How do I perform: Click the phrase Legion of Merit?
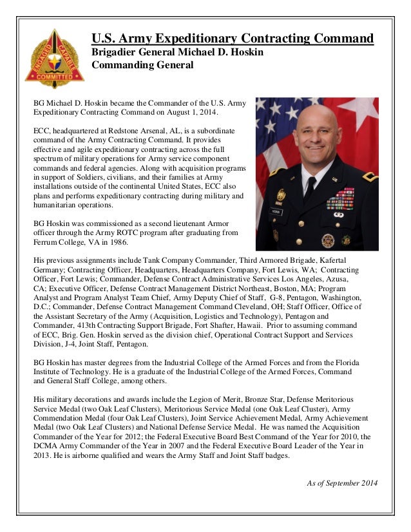[x=234, y=401]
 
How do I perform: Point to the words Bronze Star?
[x=283, y=401]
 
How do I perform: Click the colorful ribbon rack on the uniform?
[x=339, y=199]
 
